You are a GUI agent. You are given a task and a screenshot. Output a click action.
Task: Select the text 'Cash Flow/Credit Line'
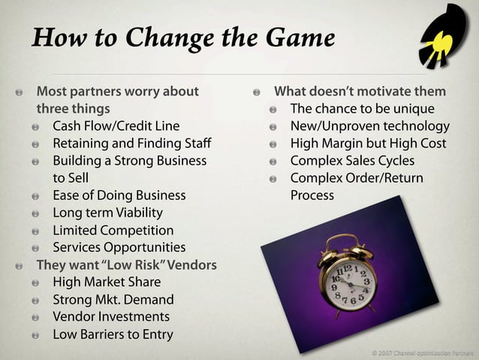click(x=116, y=126)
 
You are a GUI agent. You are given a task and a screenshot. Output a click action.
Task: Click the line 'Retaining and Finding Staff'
click(x=131, y=143)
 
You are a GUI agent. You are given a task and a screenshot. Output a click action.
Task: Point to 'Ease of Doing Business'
click(x=119, y=195)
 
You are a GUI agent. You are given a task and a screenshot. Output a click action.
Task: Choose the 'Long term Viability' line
click(x=107, y=213)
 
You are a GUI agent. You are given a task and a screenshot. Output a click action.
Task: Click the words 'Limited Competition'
click(x=113, y=230)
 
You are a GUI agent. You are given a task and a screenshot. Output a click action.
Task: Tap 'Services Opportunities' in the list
click(x=119, y=247)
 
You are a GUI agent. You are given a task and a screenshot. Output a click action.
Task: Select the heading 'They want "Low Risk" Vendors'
click(x=127, y=265)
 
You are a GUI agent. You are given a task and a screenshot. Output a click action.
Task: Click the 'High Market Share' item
click(x=107, y=282)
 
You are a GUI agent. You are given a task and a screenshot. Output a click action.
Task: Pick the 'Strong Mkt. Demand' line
click(x=113, y=300)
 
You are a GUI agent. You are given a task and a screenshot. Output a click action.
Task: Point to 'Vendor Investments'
click(x=111, y=317)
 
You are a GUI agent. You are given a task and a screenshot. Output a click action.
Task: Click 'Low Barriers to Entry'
click(x=113, y=334)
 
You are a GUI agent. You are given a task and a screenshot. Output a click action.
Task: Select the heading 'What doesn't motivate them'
click(x=360, y=92)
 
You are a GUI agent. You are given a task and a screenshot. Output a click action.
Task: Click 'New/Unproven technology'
click(x=369, y=126)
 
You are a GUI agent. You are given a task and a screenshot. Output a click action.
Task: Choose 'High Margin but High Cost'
click(x=368, y=143)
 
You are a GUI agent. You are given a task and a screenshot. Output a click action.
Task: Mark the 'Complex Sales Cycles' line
click(x=352, y=160)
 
